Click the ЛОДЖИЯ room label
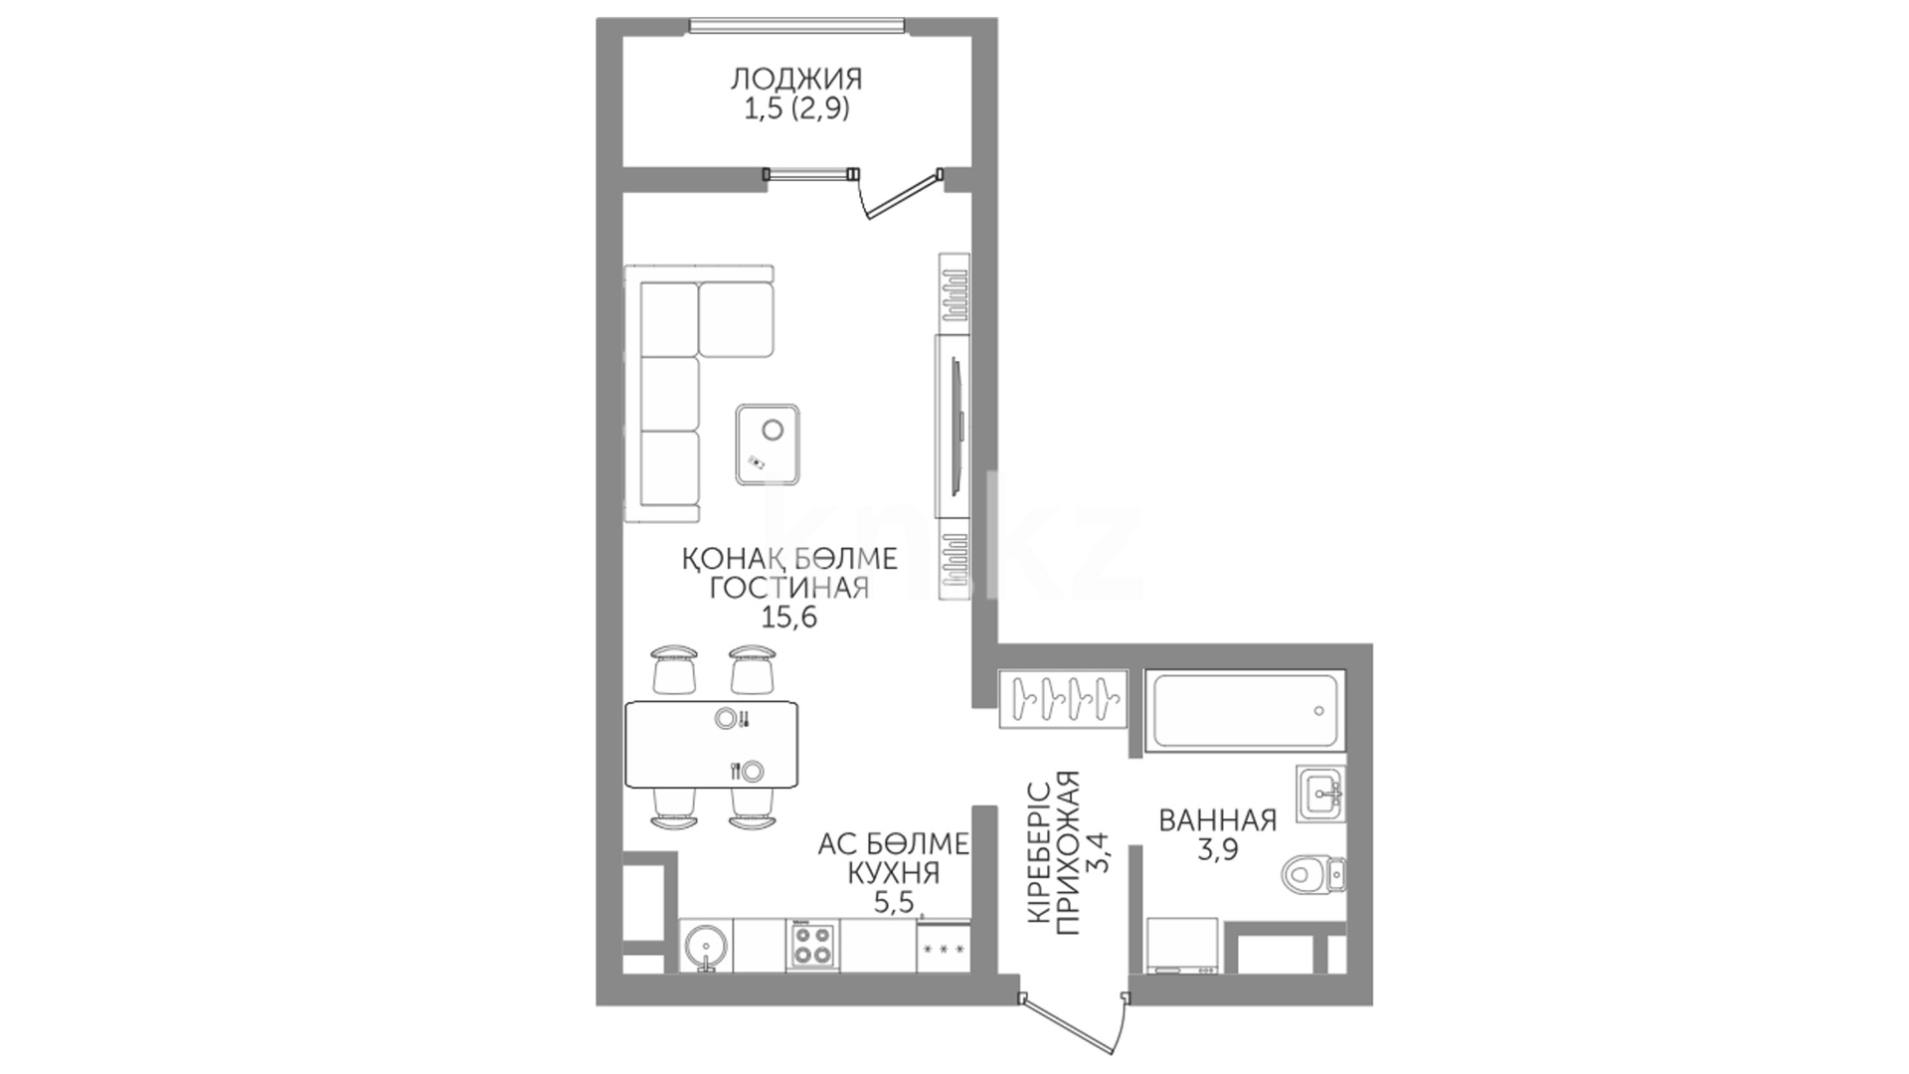pyautogui.click(x=796, y=79)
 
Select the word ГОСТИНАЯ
pyautogui.click(x=789, y=588)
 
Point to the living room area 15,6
pyautogui.click(x=788, y=618)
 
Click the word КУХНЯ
pyautogui.click(x=892, y=873)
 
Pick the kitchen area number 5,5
pyautogui.click(x=892, y=903)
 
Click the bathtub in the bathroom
pyautogui.click(x=1245, y=712)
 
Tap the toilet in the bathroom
pyautogui.click(x=1313, y=875)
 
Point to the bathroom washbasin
pyautogui.click(x=1320, y=794)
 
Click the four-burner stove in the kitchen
pyautogui.click(x=811, y=945)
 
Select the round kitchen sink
pyautogui.click(x=706, y=945)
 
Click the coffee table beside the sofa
pyautogui.click(x=768, y=444)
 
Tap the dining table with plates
pyautogui.click(x=712, y=744)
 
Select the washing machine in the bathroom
pyautogui.click(x=1182, y=945)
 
